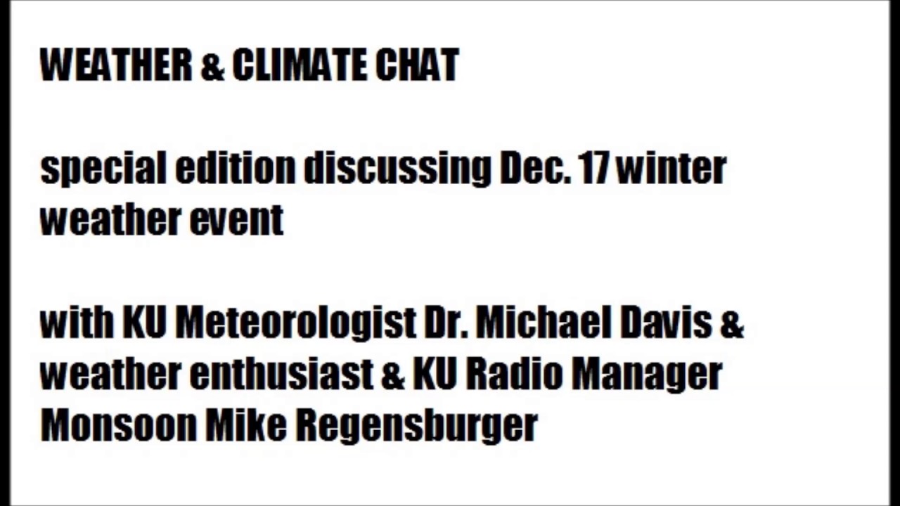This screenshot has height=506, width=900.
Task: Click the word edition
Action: (235, 168)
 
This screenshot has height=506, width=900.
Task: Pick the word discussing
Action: (397, 169)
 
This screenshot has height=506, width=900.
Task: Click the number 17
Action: (594, 168)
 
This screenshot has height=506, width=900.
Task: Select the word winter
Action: (671, 169)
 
